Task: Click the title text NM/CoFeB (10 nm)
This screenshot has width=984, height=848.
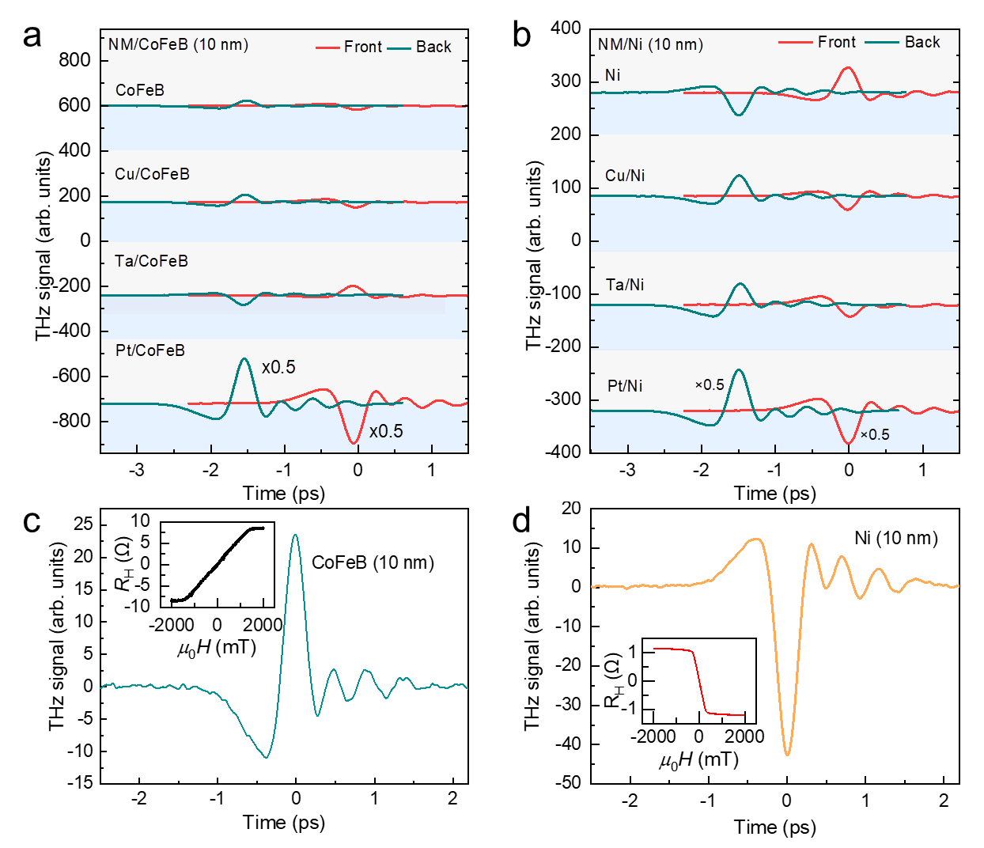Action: [x=178, y=44]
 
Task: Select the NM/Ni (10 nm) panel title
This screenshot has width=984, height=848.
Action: [x=650, y=44]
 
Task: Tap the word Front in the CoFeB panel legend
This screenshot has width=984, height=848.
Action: [x=362, y=47]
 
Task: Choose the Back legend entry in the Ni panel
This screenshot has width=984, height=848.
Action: [x=922, y=42]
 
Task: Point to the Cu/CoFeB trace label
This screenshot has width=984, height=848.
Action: [x=152, y=174]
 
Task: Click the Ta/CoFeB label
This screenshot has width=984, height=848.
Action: [x=151, y=261]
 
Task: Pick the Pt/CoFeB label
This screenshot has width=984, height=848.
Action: [x=149, y=350]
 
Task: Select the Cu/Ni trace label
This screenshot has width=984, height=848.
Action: [x=625, y=176]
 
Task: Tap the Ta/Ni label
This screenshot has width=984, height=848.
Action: [x=625, y=285]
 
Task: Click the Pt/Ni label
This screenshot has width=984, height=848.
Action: [x=625, y=386]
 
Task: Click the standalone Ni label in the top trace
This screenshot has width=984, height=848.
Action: [x=612, y=75]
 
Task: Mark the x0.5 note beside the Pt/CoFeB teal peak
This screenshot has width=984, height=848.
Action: [x=278, y=367]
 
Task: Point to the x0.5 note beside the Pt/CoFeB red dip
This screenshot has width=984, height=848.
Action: [x=386, y=431]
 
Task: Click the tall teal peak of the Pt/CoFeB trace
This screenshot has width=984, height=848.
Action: [x=244, y=360]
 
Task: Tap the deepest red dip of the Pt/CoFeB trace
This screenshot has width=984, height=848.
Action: [x=354, y=442]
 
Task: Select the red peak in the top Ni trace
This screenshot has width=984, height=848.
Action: [x=848, y=68]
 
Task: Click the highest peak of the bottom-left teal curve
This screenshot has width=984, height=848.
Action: [x=296, y=536]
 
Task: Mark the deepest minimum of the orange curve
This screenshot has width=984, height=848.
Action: [x=787, y=754]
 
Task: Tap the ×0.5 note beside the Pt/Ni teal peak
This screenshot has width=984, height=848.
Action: [x=710, y=385]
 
